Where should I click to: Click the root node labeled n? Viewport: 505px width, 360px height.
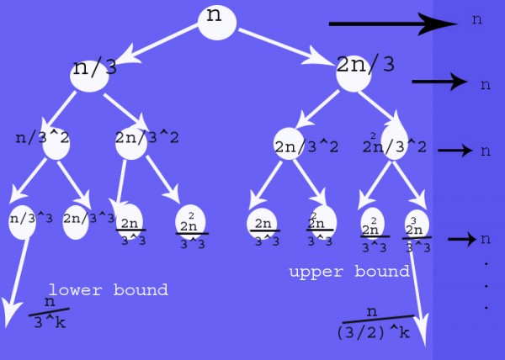216,20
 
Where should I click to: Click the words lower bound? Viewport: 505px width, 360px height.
108,290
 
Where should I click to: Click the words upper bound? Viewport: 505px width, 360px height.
348,272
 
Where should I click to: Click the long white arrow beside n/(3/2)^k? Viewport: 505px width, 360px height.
422,294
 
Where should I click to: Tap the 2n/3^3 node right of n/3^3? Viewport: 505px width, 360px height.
77,220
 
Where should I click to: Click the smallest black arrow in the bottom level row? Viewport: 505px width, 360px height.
461,239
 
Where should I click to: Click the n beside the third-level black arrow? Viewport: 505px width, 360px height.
484,151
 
